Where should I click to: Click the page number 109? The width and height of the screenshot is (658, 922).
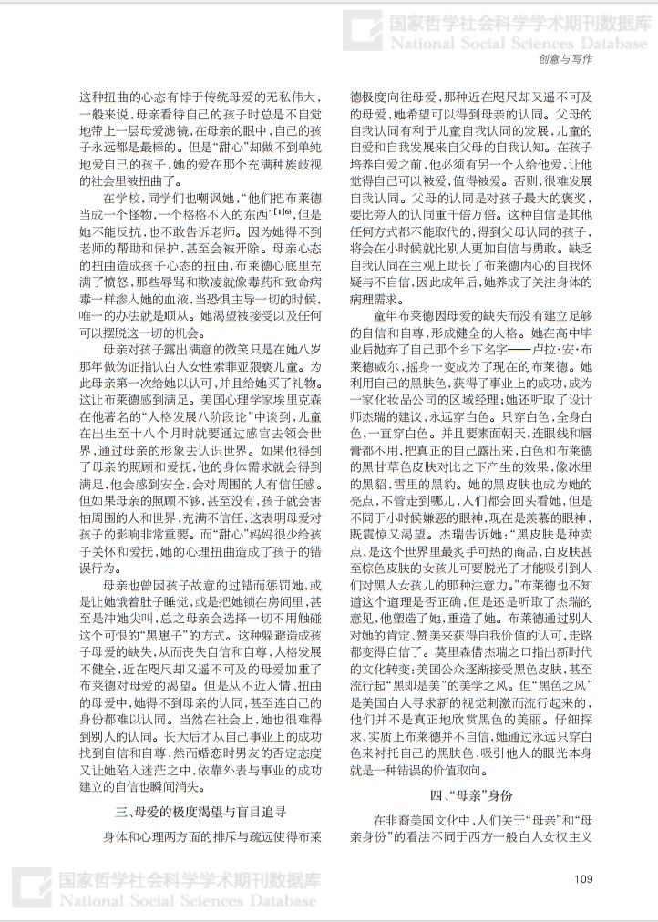pos(584,877)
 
